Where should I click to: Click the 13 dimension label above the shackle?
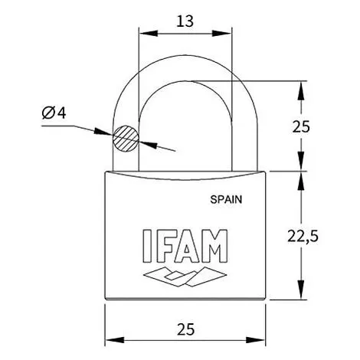coord(185,21)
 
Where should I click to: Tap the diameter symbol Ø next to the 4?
coord(48,113)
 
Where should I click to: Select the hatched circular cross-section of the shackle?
coord(126,139)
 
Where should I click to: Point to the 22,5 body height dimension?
coord(303,236)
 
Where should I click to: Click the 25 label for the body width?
coord(185,329)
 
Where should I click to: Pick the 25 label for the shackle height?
coord(301,126)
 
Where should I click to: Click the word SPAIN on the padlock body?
coord(226,199)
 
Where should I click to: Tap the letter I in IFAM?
coord(146,246)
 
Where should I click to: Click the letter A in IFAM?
coord(187,246)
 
